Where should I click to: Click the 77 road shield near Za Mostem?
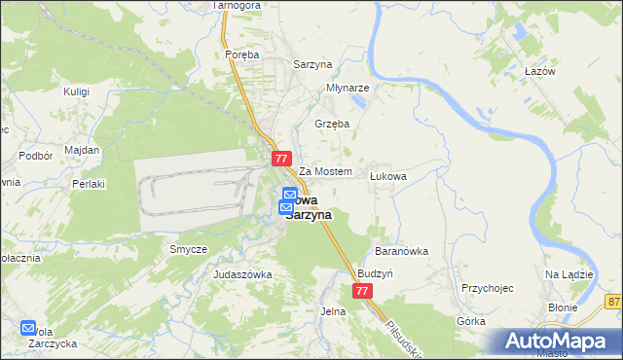(x=281, y=158)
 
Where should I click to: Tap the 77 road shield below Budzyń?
(x=362, y=291)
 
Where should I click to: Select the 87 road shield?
(x=613, y=303)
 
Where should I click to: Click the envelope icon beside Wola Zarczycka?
(x=27, y=328)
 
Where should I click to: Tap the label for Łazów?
(x=538, y=72)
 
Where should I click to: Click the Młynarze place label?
(x=348, y=87)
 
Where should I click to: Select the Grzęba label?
(x=332, y=124)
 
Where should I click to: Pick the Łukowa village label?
(x=387, y=176)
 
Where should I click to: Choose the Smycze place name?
(x=188, y=249)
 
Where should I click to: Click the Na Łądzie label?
(x=569, y=274)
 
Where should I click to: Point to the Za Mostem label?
(x=324, y=171)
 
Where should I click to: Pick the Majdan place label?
(x=82, y=150)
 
